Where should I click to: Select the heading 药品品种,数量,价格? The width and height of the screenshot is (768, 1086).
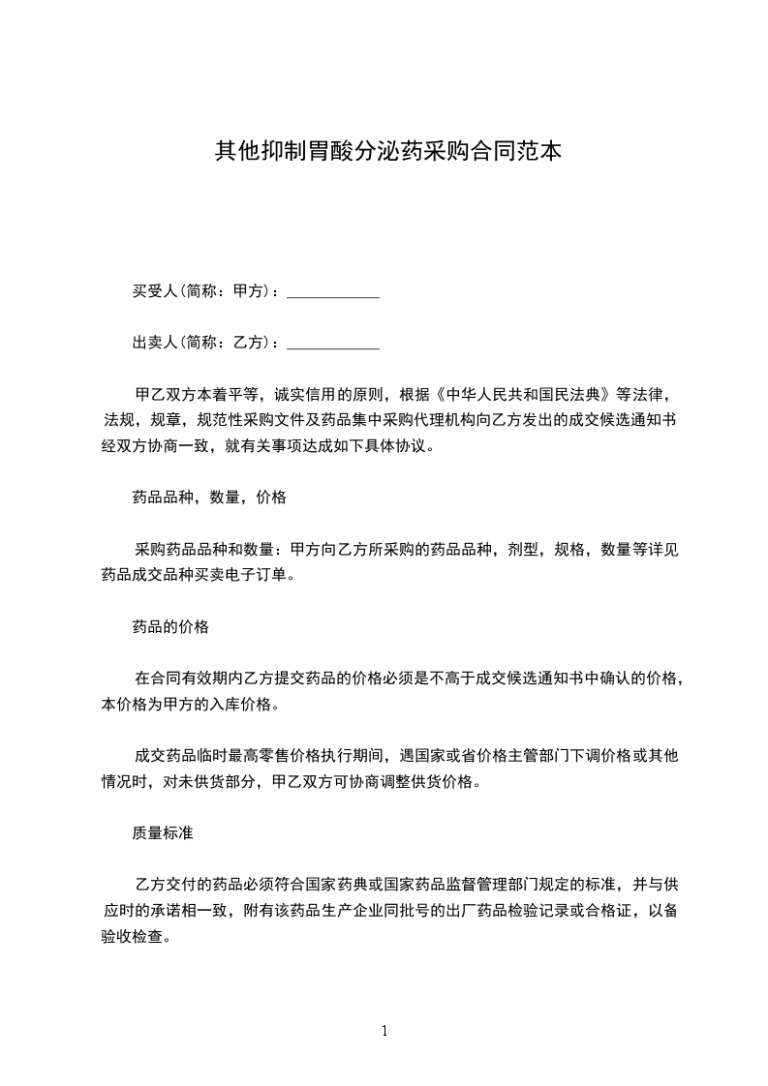(209, 498)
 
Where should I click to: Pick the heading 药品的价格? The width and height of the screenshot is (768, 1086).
(170, 626)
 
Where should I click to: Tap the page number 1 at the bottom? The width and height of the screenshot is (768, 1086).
(384, 1031)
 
